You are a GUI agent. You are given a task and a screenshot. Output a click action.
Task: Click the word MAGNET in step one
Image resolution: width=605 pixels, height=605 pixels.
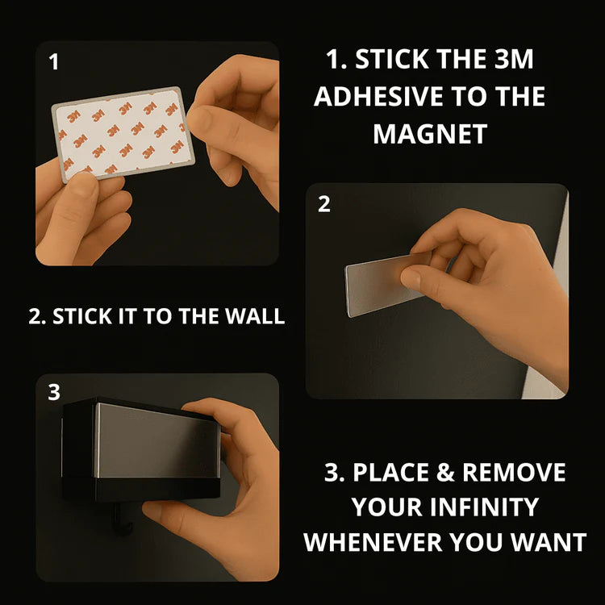(430, 134)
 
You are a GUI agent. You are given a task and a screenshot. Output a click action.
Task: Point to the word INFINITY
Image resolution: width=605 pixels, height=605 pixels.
(484, 507)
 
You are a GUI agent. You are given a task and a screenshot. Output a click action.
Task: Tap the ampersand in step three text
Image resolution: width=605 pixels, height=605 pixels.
(445, 472)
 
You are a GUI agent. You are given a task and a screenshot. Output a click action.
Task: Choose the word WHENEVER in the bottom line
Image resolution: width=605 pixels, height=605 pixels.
(373, 542)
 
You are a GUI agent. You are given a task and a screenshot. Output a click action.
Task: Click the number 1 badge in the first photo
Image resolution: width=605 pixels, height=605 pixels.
(54, 62)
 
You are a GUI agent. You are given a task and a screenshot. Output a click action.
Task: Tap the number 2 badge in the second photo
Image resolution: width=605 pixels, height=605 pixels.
(324, 204)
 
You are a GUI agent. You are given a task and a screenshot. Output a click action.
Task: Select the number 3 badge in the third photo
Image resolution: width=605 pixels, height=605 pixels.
(54, 392)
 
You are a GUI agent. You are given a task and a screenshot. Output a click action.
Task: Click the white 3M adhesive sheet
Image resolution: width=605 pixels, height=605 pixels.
(123, 133)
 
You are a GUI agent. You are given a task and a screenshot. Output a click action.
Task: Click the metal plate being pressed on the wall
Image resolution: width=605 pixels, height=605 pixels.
(382, 286)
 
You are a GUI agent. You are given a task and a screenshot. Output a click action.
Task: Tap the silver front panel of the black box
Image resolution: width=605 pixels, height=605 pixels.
(156, 440)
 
